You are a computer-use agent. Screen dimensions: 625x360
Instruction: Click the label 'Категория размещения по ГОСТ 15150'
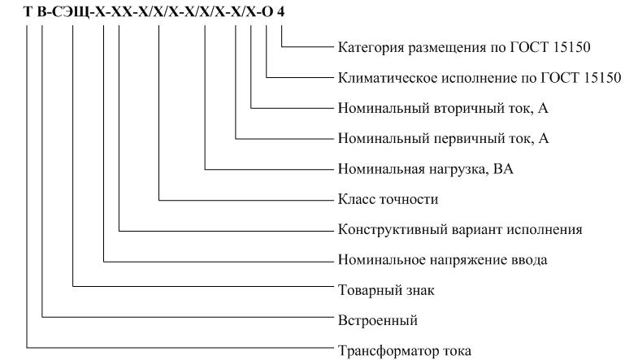click(x=464, y=47)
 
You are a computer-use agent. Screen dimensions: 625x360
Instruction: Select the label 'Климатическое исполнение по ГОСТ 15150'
click(x=480, y=78)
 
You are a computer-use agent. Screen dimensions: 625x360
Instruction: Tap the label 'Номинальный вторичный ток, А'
click(x=443, y=108)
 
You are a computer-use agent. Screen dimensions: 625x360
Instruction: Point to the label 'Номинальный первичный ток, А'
click(x=443, y=139)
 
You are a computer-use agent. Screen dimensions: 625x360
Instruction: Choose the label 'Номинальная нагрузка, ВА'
click(x=425, y=169)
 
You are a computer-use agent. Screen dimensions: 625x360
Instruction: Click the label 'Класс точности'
click(x=388, y=199)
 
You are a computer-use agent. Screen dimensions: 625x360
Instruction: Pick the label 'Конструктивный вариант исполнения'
click(x=460, y=230)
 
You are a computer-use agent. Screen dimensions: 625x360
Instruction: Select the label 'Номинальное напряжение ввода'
click(x=442, y=260)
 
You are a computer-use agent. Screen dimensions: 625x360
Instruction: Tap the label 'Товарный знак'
click(x=386, y=290)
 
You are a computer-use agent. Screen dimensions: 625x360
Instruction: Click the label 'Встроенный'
click(x=377, y=320)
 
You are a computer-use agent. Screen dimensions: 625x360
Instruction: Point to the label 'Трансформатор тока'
click(x=404, y=351)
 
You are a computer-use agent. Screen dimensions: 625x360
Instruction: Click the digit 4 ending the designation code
click(x=281, y=12)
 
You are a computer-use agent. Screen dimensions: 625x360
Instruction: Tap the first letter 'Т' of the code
click(x=28, y=12)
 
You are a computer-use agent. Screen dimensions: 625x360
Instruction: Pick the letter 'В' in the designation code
click(x=41, y=12)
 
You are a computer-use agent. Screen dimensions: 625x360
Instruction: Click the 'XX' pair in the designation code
click(x=119, y=12)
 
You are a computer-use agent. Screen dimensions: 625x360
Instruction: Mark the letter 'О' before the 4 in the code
click(x=267, y=12)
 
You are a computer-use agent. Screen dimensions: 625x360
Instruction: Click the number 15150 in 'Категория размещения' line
click(x=571, y=47)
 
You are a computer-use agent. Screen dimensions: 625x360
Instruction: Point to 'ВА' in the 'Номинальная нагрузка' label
click(x=503, y=169)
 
